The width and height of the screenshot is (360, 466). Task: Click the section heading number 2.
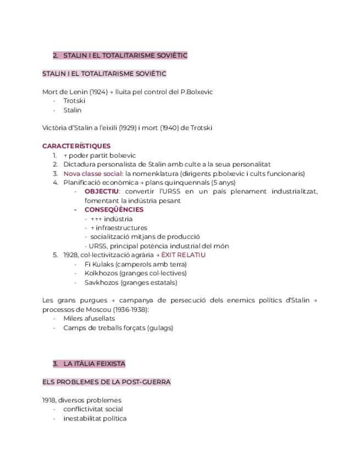point(56,56)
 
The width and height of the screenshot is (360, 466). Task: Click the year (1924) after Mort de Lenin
point(96,92)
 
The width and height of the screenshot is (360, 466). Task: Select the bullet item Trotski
point(74,101)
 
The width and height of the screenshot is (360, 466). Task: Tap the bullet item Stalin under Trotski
point(72,110)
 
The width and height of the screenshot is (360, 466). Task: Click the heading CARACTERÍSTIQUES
point(76,146)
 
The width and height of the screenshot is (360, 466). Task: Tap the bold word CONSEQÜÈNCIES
point(114,209)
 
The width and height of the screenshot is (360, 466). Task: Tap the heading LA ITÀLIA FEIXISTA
point(95,364)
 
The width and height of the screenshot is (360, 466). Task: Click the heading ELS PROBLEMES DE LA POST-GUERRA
point(107,382)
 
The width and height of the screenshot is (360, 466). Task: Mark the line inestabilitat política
point(95,418)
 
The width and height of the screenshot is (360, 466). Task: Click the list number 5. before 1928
point(56,255)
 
